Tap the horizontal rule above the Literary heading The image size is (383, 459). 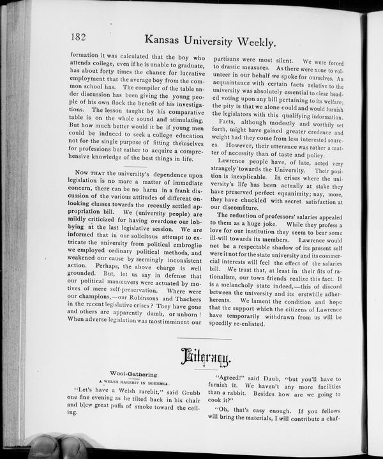(x=204, y=339)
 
